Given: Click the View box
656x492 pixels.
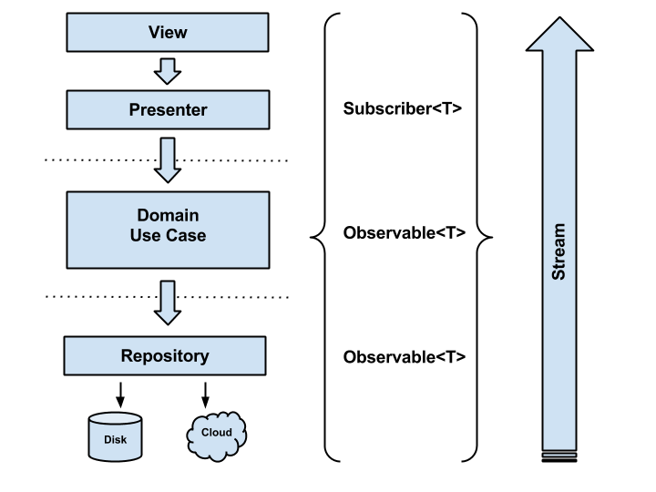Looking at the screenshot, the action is pyautogui.click(x=168, y=32).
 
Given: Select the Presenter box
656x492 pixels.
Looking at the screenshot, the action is pyautogui.click(x=168, y=109).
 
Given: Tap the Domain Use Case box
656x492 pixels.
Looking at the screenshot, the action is pyautogui.click(x=168, y=230).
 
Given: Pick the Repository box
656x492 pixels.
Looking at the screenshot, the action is pyautogui.click(x=165, y=355).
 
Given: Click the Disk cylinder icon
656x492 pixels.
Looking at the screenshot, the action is pyautogui.click(x=115, y=436).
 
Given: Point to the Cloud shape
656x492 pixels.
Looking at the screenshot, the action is pyautogui.click(x=216, y=436).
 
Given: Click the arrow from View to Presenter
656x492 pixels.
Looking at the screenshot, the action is pyautogui.click(x=168, y=71).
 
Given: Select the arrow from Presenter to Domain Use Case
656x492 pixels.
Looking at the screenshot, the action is pyautogui.click(x=168, y=159).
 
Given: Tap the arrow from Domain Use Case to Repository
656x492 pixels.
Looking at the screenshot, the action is pyautogui.click(x=168, y=302).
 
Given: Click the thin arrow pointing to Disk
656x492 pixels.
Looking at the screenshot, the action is pyautogui.click(x=120, y=395).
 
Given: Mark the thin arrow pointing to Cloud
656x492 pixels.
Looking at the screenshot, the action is pyautogui.click(x=205, y=395).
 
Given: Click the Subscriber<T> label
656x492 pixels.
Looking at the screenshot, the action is pyautogui.click(x=403, y=108).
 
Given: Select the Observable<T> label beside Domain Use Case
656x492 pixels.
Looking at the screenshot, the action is pyautogui.click(x=405, y=232).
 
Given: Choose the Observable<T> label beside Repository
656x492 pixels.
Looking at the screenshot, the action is pyautogui.click(x=405, y=357).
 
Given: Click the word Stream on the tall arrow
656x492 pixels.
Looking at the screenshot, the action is pyautogui.click(x=559, y=251).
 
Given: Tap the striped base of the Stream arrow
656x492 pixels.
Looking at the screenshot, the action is pyautogui.click(x=559, y=456).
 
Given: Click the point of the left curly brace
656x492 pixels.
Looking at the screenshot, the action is pyautogui.click(x=311, y=237).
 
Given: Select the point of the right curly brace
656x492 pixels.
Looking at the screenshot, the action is pyautogui.click(x=492, y=237).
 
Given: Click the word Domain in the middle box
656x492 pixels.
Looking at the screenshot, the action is pyautogui.click(x=168, y=215).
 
